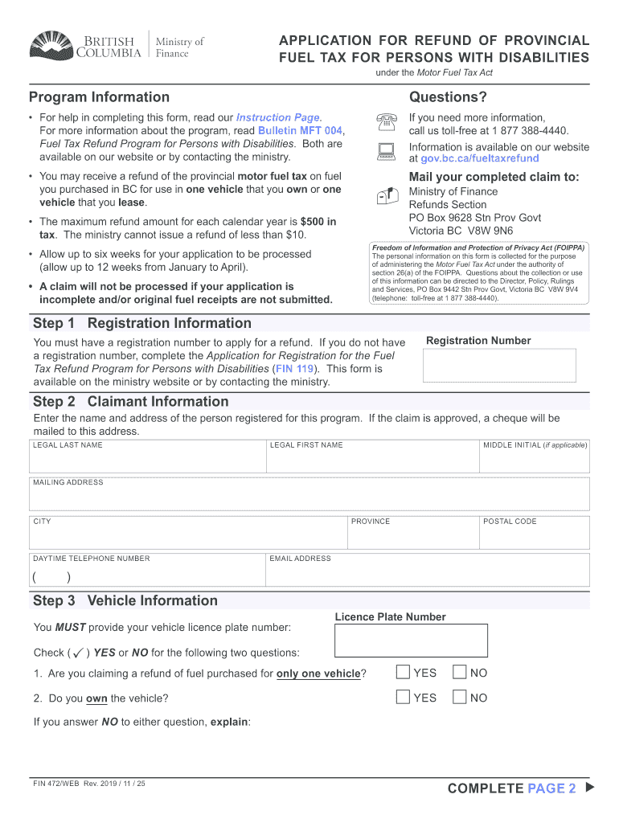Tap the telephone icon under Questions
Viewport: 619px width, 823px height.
coord(387,123)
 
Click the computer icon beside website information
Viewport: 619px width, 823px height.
coord(387,151)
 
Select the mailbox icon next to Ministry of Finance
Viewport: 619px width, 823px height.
coord(387,195)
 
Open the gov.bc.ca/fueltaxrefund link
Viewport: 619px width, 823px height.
coord(479,159)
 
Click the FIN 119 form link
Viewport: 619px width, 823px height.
coord(294,369)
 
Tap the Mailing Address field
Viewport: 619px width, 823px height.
coord(309,498)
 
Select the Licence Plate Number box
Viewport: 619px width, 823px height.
coord(411,641)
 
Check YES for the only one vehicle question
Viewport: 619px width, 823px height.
coord(404,673)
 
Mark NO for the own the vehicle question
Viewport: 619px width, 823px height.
coord(460,698)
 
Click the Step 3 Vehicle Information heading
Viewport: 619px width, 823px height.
coord(125,600)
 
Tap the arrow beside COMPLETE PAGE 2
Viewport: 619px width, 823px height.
coord(591,788)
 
